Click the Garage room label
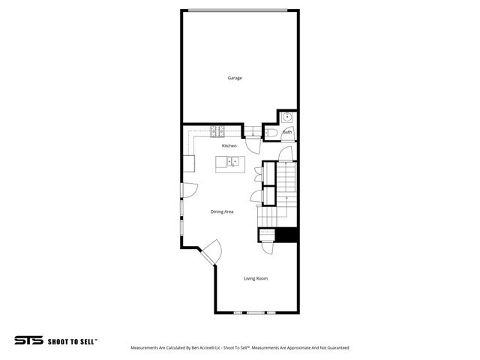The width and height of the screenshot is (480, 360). click(x=235, y=78)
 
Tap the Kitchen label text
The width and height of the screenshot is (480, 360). click(x=229, y=145)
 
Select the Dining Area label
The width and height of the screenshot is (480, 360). click(x=223, y=211)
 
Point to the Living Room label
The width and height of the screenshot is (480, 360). click(x=256, y=279)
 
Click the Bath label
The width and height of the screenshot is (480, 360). click(x=287, y=132)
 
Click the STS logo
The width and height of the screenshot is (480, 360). click(x=29, y=340)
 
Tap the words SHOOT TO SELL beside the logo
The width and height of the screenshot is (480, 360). click(x=72, y=340)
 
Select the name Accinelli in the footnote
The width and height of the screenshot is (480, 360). click(x=200, y=348)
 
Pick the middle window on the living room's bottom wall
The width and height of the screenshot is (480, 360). click(x=256, y=312)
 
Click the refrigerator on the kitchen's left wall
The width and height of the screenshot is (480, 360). click(x=189, y=163)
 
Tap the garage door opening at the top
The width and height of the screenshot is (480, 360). click(x=236, y=10)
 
